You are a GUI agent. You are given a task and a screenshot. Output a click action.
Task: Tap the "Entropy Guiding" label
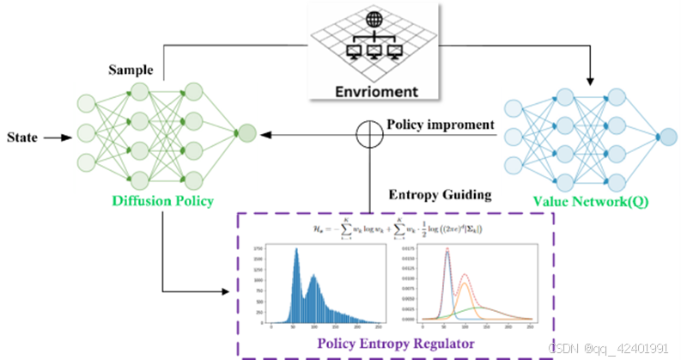click(440, 195)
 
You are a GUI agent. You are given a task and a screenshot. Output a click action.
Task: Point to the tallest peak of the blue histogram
click(296, 250)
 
